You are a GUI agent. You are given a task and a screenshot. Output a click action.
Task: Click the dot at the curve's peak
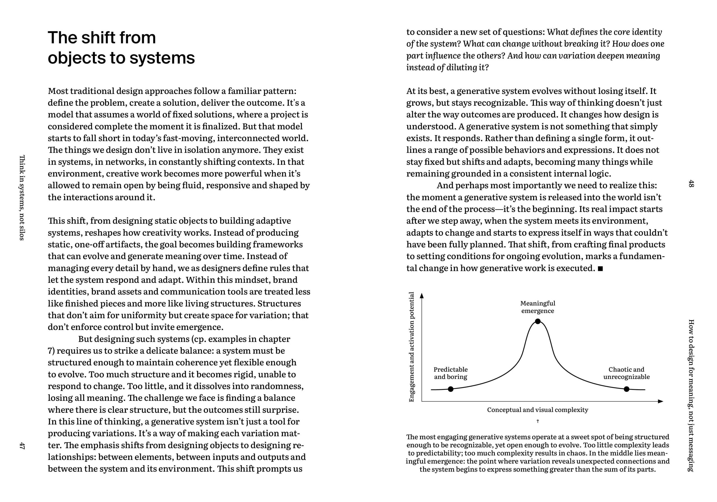[x=537, y=321]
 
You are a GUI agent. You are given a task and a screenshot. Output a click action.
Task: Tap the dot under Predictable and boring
[x=450, y=389]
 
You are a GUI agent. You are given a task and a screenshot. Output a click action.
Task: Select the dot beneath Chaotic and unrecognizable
[x=626, y=389]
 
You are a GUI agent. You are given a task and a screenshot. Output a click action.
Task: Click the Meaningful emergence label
[x=537, y=307]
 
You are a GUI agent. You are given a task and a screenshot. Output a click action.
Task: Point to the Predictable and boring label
[x=450, y=373]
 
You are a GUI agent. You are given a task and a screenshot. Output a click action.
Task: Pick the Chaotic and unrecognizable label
[x=626, y=373]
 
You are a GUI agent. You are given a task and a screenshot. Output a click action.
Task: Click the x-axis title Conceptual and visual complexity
[x=537, y=410]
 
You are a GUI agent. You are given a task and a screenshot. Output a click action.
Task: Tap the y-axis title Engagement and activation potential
[x=412, y=347]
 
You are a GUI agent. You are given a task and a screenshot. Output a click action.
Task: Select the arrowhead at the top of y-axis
[x=422, y=296]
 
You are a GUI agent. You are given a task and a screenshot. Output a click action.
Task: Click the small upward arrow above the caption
[x=537, y=421]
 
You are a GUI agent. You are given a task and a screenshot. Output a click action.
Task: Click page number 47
[x=22, y=445]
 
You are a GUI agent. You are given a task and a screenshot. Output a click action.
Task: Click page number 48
[x=691, y=183]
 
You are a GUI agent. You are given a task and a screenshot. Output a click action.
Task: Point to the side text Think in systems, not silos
[x=22, y=197]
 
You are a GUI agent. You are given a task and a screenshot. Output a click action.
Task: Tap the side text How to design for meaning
[x=691, y=395]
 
